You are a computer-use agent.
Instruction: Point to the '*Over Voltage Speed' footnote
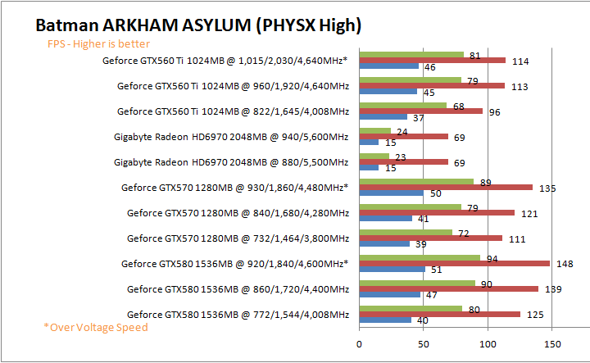point(97,327)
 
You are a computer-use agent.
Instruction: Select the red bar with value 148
point(454,263)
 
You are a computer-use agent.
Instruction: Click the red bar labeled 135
point(446,187)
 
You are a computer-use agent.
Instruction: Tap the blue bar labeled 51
point(392,269)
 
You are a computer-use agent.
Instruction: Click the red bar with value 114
point(432,60)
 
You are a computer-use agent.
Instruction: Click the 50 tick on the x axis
point(423,345)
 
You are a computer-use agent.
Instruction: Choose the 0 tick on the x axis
point(359,345)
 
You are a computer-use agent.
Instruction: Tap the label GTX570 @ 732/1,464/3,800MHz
point(238,238)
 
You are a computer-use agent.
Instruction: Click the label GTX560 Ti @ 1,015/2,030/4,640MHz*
point(225,61)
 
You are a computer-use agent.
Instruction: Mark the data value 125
point(533,315)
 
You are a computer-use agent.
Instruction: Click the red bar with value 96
point(420,111)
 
